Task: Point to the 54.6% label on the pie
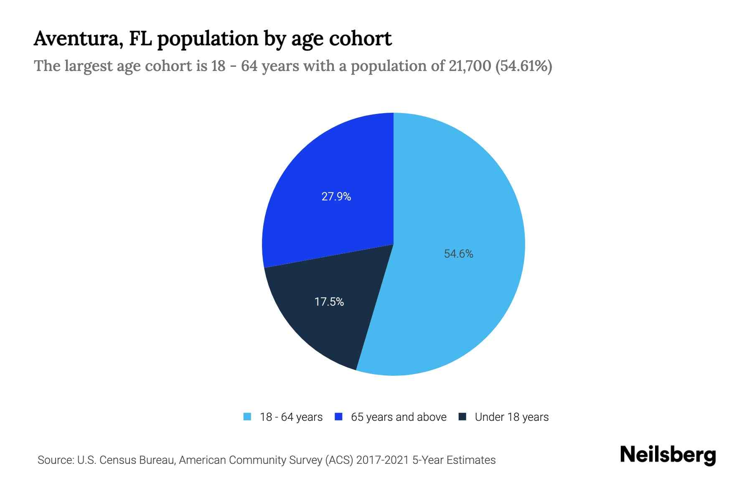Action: click(x=458, y=254)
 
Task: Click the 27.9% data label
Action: click(x=336, y=197)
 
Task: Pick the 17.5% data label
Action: click(x=329, y=302)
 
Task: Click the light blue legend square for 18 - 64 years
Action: click(x=247, y=417)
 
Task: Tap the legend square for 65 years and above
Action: click(x=338, y=417)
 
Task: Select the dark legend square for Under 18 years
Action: click(x=462, y=417)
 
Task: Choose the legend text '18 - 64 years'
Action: click(x=291, y=417)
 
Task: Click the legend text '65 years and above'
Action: click(x=399, y=417)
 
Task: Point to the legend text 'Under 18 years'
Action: click(x=512, y=417)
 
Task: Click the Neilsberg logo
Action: click(x=668, y=455)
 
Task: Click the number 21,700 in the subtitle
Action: click(x=470, y=66)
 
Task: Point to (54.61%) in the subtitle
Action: click(x=524, y=66)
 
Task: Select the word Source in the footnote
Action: click(x=55, y=460)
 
